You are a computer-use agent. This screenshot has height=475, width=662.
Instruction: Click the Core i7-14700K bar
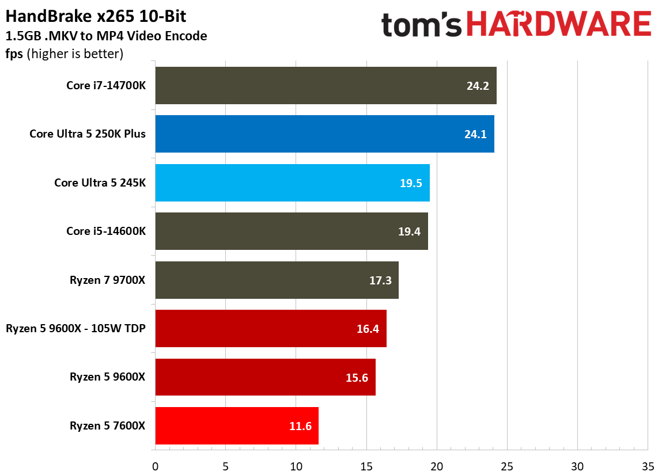tap(326, 85)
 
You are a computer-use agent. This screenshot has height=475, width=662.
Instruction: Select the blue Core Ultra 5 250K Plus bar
tap(324, 134)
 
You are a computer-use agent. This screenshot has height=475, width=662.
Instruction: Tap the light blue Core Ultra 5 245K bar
tap(292, 183)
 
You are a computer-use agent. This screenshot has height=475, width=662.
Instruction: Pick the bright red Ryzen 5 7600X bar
tap(236, 425)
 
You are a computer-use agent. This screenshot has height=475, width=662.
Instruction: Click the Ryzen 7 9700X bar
tap(277, 280)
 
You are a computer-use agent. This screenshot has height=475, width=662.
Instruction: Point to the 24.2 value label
tap(478, 86)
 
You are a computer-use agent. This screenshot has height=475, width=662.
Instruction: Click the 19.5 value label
tap(411, 183)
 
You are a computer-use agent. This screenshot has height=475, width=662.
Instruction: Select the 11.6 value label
tap(300, 426)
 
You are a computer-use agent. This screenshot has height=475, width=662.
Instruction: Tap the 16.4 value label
tap(368, 329)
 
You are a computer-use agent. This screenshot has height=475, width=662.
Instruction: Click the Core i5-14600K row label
tap(106, 231)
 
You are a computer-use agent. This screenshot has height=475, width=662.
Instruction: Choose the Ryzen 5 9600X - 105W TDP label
tap(75, 329)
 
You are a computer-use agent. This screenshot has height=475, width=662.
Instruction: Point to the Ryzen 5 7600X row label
tap(108, 426)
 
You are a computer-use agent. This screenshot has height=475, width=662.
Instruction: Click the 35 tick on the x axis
tap(648, 465)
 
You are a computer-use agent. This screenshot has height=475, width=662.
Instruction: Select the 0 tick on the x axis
tap(155, 465)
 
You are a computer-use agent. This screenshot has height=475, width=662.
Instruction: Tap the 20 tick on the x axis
tap(437, 465)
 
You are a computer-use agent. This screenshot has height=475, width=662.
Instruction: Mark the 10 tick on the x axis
tap(296, 465)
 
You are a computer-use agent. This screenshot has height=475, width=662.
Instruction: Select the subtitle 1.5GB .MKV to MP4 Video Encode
tap(106, 36)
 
